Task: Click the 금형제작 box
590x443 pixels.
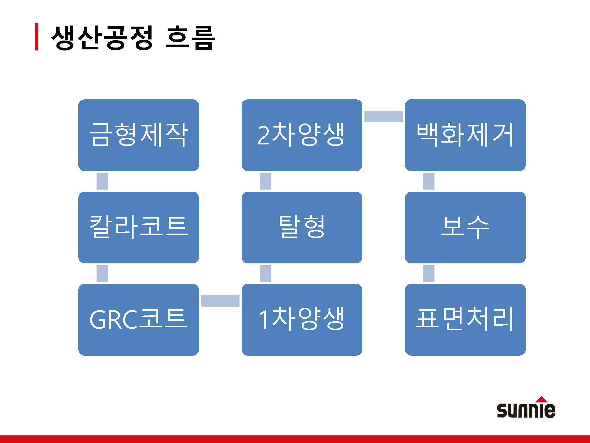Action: click(x=138, y=135)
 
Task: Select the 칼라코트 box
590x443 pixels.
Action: click(x=138, y=227)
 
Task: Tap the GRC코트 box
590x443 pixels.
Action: click(x=138, y=319)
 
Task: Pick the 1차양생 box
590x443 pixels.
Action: click(x=302, y=319)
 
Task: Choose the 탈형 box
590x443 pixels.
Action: click(x=302, y=227)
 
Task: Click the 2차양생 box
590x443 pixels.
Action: click(x=302, y=135)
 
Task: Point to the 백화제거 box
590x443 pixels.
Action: click(x=465, y=135)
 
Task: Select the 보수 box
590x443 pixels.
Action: click(x=465, y=227)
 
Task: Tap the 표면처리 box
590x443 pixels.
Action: click(x=465, y=319)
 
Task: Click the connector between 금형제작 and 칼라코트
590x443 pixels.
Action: click(x=102, y=181)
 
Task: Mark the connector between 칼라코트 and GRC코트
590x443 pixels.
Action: click(x=102, y=274)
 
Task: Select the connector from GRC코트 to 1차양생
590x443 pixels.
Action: click(x=220, y=301)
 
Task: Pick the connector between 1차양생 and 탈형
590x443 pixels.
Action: click(x=265, y=274)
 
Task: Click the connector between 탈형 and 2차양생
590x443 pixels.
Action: click(x=265, y=181)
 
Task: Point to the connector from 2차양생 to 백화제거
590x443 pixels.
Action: click(x=383, y=116)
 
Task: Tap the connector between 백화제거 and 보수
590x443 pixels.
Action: click(x=429, y=181)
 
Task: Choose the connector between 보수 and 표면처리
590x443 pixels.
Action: click(x=429, y=274)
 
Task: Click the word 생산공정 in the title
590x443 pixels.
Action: click(x=102, y=38)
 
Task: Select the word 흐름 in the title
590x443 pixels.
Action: click(x=190, y=38)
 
